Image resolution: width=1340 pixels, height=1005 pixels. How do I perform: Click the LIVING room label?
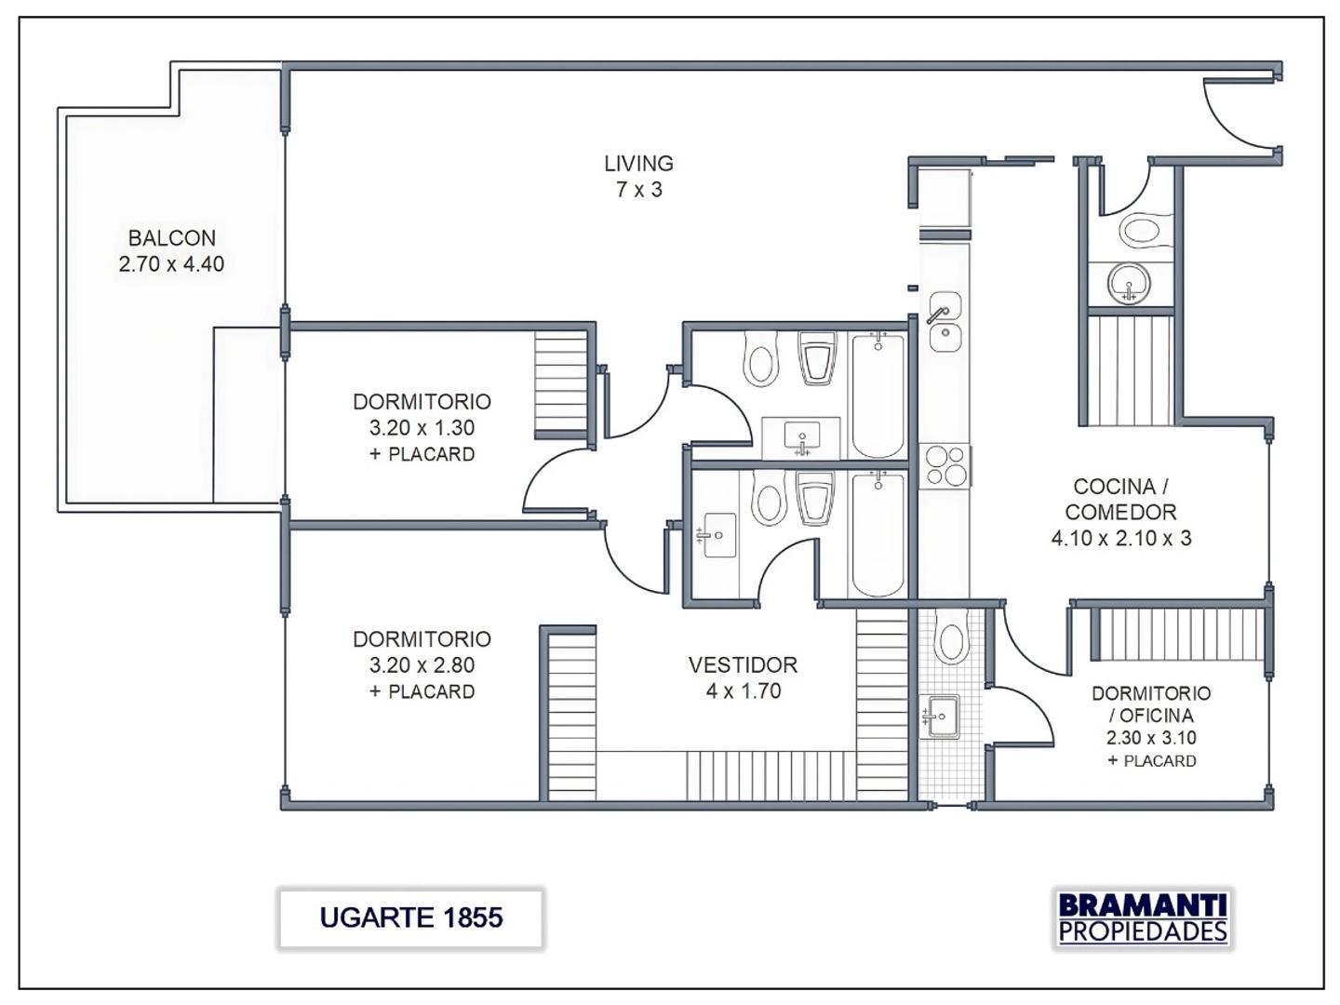pos(638,164)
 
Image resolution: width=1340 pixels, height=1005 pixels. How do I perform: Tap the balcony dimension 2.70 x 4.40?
pos(171,264)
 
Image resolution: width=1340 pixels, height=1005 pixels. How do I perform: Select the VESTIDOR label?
pos(743,665)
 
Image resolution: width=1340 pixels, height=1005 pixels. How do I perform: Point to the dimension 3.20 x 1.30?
pos(422,428)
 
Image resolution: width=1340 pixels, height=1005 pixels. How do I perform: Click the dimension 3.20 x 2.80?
pos(422,665)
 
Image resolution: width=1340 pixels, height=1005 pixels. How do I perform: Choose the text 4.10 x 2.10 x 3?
pos(1120,538)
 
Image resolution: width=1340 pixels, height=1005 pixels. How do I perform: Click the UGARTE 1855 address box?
pos(410,918)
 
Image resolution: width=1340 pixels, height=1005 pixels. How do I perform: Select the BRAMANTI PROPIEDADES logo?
pos(1143,918)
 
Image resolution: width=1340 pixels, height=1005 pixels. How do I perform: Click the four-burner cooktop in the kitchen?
pos(945,466)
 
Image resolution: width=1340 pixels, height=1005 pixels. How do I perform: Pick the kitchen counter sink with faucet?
pos(945,321)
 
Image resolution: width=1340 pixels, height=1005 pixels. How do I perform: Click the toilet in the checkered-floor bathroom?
pos(951,641)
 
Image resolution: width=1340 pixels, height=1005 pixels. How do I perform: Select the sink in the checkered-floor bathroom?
pos(941,717)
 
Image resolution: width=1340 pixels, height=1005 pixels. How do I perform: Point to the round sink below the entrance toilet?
pos(1130,283)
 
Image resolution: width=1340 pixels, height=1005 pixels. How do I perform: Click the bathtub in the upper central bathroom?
pos(878,395)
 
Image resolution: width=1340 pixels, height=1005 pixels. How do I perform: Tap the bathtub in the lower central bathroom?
pos(878,534)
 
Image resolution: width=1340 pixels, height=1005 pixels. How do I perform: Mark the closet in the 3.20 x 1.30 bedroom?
pos(561,384)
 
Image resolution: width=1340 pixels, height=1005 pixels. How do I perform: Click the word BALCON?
pos(171,238)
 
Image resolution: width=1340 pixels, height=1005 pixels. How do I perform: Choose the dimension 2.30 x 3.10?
pos(1151,738)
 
